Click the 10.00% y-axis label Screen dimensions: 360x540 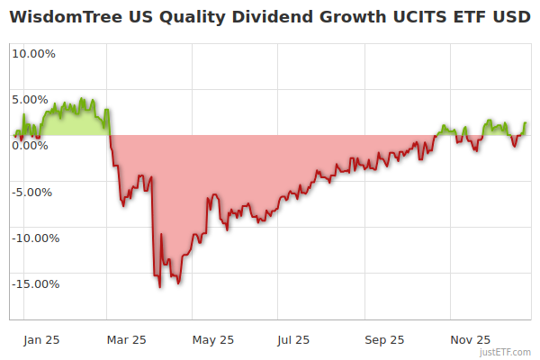pos(33,53)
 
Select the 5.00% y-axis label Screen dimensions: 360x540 pos(33,99)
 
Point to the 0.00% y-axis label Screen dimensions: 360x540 pos(33,145)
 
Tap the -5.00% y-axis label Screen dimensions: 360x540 pos(33,192)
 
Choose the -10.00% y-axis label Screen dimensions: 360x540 pos(33,238)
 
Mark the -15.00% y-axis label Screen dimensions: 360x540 pos(33,284)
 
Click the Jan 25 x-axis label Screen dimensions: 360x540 pos(41,340)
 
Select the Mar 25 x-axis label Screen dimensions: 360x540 pos(126,340)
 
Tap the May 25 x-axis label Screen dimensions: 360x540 pos(213,340)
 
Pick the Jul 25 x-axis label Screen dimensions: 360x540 pos(294,340)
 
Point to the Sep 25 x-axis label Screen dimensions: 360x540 pos(384,340)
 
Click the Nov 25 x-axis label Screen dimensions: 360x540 pos(471,340)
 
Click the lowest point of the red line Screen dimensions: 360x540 pos(160,287)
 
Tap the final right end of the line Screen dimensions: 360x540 pos(526,123)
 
